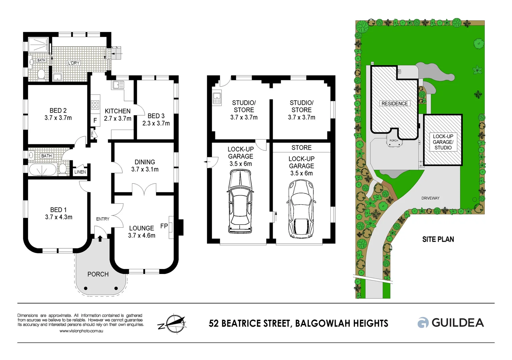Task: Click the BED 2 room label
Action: click(58, 111)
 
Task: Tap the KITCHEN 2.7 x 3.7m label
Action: click(117, 115)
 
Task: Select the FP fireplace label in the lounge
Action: click(164, 226)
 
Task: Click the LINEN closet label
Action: click(80, 172)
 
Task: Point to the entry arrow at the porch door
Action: click(100, 238)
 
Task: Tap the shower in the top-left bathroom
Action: click(38, 45)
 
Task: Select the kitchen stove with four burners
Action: click(95, 105)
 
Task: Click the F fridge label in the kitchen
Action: click(95, 120)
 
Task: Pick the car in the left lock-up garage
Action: click(240, 201)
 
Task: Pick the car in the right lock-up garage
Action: click(301, 209)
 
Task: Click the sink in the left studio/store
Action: click(217, 98)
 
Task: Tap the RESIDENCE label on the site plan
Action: click(395, 104)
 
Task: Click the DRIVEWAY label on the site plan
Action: click(430, 198)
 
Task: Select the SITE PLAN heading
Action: click(438, 239)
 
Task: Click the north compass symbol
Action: click(173, 323)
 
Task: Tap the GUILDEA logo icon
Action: click(423, 323)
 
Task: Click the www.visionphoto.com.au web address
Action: click(81, 331)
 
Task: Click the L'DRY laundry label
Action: click(74, 63)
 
